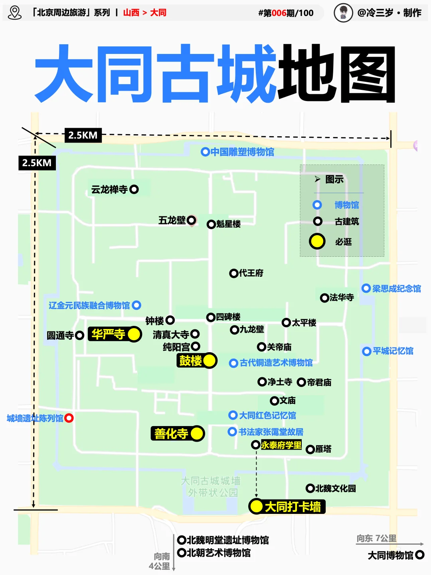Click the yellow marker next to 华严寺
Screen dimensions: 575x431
[x=134, y=334]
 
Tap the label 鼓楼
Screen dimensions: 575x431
[x=191, y=361]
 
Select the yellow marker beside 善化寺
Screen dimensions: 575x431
[x=197, y=434]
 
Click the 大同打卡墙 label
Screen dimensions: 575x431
[x=293, y=507]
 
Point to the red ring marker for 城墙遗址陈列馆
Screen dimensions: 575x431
[x=69, y=418]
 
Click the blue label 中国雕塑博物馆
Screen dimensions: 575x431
[x=242, y=152]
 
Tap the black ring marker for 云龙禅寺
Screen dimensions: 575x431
[x=134, y=189]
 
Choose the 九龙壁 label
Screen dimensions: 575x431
[x=252, y=329]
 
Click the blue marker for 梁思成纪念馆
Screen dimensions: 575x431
[x=366, y=288]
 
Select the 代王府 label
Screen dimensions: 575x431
[x=251, y=273]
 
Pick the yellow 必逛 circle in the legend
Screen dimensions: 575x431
[x=317, y=241]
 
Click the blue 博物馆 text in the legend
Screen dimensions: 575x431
[x=346, y=205]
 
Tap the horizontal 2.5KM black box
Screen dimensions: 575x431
[x=83, y=135]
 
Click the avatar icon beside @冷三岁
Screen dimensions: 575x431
[x=343, y=13]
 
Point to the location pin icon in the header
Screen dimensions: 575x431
[x=15, y=13]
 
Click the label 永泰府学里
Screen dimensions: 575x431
[x=281, y=445]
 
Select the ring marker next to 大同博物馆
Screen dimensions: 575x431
[x=419, y=555]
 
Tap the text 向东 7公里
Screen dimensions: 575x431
[x=376, y=538]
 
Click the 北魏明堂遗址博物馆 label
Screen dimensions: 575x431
[x=228, y=540]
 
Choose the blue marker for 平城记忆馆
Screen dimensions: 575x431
[x=366, y=351]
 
